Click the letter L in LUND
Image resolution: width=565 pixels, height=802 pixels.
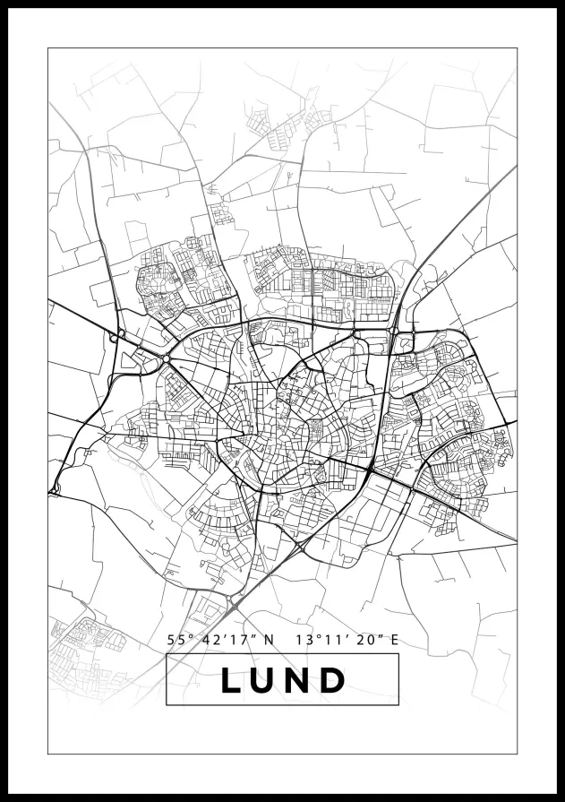click(231, 680)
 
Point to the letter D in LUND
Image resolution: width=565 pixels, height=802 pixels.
click(333, 680)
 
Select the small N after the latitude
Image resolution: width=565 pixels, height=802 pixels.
click(268, 641)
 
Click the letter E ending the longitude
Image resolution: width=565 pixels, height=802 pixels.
click(394, 641)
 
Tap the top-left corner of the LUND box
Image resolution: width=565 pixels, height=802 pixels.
click(167, 655)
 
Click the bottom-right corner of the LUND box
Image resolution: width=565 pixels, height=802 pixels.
click(398, 705)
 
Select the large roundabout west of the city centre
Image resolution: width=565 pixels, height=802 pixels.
click(167, 359)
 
